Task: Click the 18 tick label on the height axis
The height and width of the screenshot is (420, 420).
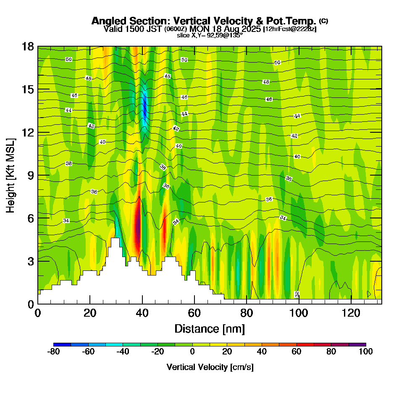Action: pos(28,47)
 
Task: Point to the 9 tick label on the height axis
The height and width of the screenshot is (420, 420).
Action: pos(30,175)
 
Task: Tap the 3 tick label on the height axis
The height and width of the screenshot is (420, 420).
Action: pos(30,261)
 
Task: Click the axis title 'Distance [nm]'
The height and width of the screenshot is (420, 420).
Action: pos(209,328)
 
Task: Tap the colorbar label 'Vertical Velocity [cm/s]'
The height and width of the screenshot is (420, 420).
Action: pos(210,367)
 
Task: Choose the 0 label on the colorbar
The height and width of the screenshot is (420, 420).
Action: pos(192,352)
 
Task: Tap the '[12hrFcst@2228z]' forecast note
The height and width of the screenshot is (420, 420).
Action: pos(289,29)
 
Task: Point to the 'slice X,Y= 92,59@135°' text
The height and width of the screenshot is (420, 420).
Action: pos(210,35)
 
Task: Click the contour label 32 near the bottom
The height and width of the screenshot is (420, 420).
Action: pos(297,294)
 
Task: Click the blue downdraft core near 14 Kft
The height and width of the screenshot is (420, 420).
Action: pos(145,107)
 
